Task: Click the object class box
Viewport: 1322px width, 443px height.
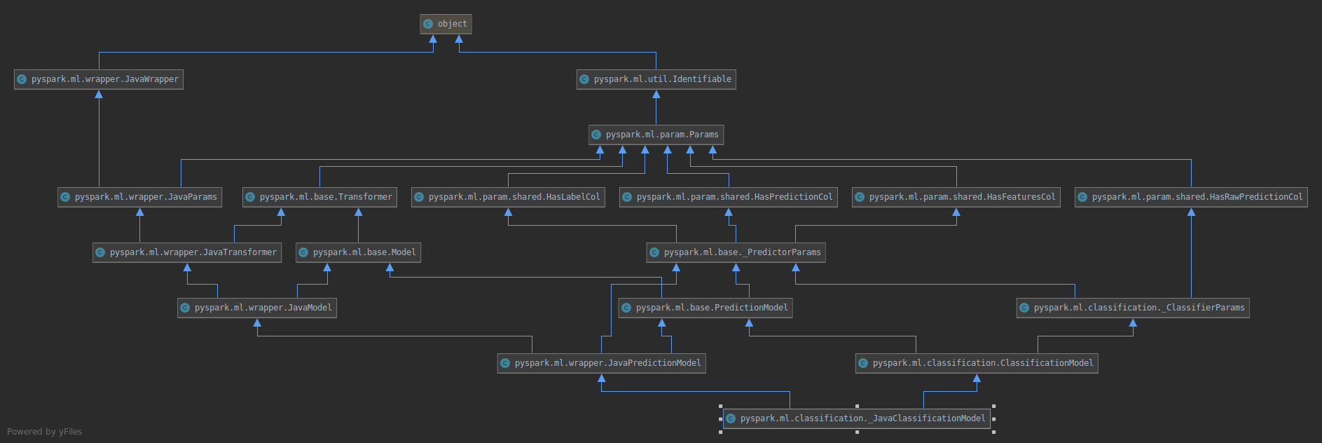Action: [446, 24]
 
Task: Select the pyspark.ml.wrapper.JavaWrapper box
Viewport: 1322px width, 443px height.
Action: [99, 79]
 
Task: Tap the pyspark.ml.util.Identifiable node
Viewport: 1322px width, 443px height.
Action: [656, 79]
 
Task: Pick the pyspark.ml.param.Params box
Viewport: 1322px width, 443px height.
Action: [656, 135]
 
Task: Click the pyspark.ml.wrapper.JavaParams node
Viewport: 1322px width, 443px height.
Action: [140, 197]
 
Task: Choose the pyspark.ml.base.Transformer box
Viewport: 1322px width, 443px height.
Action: [319, 197]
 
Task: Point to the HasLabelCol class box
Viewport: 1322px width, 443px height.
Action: [508, 197]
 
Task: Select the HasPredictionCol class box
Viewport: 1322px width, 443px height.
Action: [729, 197]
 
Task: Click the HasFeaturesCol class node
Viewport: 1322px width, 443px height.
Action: [956, 197]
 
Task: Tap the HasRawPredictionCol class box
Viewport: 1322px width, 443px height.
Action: [1191, 197]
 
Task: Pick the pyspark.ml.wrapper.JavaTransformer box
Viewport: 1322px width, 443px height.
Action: [187, 252]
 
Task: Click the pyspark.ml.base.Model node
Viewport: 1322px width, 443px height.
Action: [358, 252]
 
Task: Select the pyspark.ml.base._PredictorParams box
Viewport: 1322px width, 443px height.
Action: [736, 252]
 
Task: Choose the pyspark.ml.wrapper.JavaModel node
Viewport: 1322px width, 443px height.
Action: [257, 308]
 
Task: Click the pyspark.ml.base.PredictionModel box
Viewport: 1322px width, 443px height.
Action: [705, 308]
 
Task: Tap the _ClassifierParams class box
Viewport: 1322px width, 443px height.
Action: [1133, 308]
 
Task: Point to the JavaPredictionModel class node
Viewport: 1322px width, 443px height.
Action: [602, 363]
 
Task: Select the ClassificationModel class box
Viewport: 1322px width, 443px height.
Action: [977, 363]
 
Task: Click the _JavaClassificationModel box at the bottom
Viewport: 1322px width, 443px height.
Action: [857, 418]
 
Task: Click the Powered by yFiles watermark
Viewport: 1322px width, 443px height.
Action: [45, 432]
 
